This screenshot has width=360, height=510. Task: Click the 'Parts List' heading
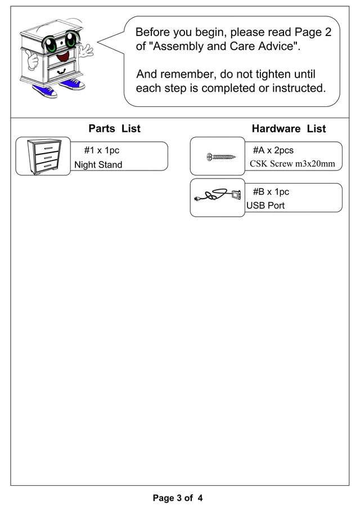(x=114, y=129)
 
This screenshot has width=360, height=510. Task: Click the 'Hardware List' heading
(x=289, y=129)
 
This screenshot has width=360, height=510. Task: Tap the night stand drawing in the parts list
(x=43, y=156)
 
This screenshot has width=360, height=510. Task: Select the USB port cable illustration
(x=217, y=196)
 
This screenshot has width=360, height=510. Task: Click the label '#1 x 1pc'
(x=101, y=150)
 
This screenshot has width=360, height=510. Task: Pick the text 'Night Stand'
(x=98, y=165)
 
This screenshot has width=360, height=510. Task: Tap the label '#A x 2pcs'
(x=273, y=150)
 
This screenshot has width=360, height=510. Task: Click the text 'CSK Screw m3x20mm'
(x=292, y=164)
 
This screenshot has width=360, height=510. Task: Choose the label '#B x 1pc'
(x=271, y=192)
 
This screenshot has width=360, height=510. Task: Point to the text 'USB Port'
(x=265, y=205)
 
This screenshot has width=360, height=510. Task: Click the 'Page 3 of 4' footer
(x=177, y=498)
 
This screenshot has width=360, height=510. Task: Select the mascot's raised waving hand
(x=86, y=51)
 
